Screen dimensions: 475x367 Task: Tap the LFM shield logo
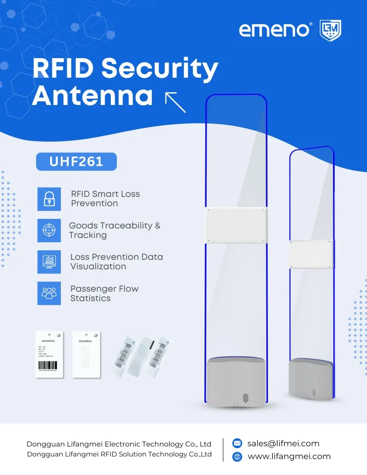tap(330, 31)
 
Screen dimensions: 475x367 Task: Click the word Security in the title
tap(160, 69)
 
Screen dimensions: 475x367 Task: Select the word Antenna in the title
tap(92, 96)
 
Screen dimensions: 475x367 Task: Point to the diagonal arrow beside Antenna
tap(175, 102)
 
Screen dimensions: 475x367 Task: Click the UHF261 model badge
tap(76, 162)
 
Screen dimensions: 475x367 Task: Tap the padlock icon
tap(49, 199)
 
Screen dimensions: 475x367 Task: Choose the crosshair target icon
tap(49, 230)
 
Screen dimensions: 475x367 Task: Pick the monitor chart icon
tap(49, 262)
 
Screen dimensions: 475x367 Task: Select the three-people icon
tap(49, 293)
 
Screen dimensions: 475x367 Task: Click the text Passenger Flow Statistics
tap(104, 293)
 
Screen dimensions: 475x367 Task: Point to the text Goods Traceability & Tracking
tap(114, 230)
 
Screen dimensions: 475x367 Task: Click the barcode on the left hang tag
tap(48, 365)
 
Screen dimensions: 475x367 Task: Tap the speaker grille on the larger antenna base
tap(245, 398)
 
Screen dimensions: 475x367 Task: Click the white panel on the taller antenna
tap(236, 225)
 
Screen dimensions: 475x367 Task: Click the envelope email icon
tap(237, 443)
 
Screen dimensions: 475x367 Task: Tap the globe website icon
tap(237, 457)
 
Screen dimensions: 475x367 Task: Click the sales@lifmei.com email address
tap(283, 443)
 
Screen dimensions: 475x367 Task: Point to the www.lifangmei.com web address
tap(289, 456)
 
